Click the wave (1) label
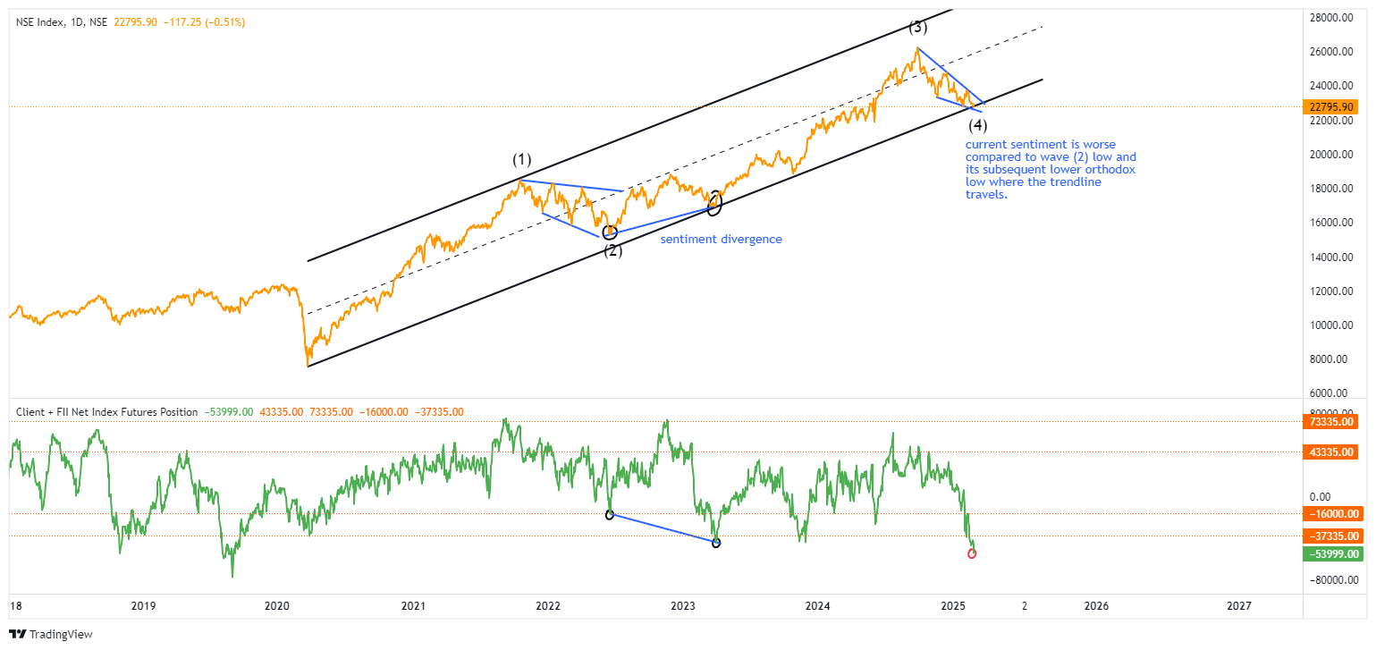point(522,160)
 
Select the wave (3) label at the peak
point(917,26)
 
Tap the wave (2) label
point(612,250)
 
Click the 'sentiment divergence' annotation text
point(721,240)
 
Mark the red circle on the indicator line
point(972,553)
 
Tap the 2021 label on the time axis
point(413,605)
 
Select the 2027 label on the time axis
point(1239,605)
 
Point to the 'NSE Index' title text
point(39,21)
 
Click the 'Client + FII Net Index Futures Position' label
point(107,412)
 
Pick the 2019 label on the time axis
point(143,605)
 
